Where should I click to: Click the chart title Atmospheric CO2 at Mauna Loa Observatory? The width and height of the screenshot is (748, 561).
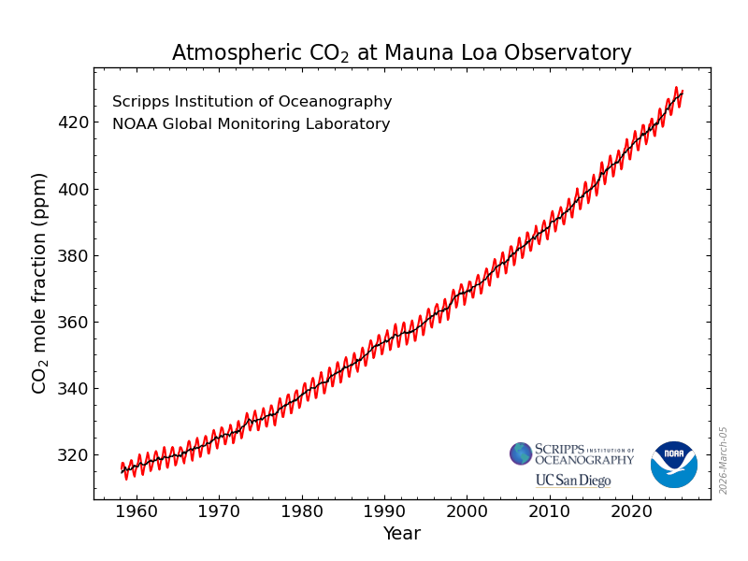click(x=401, y=53)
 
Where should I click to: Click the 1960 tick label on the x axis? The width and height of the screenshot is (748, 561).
click(x=137, y=512)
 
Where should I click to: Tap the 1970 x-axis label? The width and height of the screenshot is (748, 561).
click(x=220, y=512)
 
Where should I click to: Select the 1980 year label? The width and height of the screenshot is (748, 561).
click(x=302, y=512)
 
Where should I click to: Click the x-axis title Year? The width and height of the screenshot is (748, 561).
click(x=401, y=534)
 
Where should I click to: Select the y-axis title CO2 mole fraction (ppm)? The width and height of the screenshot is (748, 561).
click(x=39, y=282)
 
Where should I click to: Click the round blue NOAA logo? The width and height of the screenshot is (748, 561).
click(x=673, y=465)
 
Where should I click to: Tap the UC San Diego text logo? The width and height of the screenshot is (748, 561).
click(x=572, y=481)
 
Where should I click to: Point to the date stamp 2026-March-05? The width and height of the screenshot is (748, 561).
click(x=724, y=460)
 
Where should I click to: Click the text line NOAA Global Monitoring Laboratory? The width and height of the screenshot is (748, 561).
click(x=251, y=124)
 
